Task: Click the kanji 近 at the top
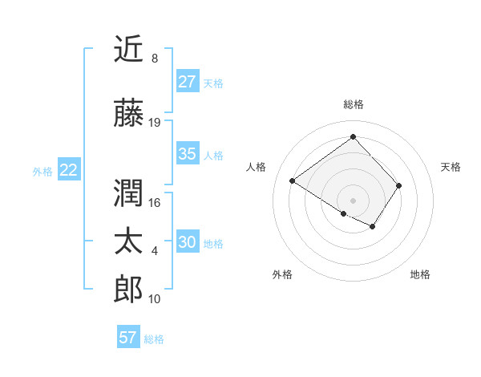point(129,51)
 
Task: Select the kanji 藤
point(129,115)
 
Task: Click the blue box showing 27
point(187,82)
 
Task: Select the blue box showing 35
point(187,154)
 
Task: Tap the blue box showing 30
point(187,242)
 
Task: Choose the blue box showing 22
point(68,170)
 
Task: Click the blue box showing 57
point(128,338)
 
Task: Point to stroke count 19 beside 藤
point(155,123)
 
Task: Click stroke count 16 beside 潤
point(155,203)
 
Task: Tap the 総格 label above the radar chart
point(353,104)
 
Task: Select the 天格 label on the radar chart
point(451,167)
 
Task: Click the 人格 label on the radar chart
point(257,167)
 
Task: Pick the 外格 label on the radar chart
point(282,274)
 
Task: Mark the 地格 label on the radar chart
point(420,274)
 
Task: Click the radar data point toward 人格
point(293,181)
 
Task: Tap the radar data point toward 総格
point(353,137)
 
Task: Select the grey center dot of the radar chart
point(353,200)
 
